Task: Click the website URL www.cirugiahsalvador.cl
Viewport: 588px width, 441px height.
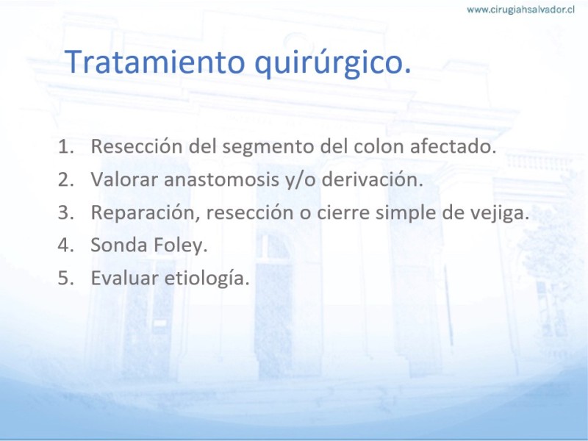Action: (x=520, y=10)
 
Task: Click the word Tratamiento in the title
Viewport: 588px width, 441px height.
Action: (x=155, y=62)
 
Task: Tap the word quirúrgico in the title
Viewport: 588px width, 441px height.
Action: (x=333, y=63)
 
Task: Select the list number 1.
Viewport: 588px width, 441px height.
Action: (x=65, y=146)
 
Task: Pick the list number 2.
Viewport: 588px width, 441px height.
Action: (x=65, y=179)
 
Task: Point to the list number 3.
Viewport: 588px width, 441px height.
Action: (x=65, y=212)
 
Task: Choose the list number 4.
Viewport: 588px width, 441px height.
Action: (x=65, y=245)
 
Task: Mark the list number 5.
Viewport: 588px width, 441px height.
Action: (x=65, y=278)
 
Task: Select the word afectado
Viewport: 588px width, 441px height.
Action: (x=453, y=146)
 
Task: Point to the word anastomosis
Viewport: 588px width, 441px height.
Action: (x=221, y=179)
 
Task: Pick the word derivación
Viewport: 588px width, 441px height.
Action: (x=373, y=179)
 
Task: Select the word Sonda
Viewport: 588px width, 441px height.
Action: (x=119, y=245)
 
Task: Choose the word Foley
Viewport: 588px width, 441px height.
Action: (x=180, y=245)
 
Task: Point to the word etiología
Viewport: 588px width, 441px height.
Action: (x=207, y=279)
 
